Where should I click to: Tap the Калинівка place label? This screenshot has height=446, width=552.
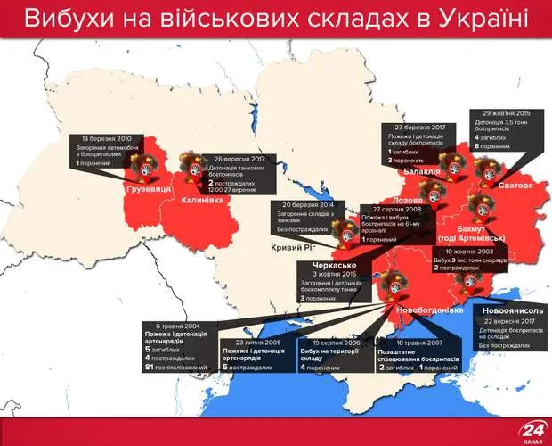pos(201,200)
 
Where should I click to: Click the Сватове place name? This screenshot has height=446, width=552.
pos(515,186)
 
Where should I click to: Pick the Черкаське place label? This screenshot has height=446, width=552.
pos(334,266)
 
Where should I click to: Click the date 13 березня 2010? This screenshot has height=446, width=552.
pos(107,139)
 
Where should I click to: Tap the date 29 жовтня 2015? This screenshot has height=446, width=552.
pos(506,114)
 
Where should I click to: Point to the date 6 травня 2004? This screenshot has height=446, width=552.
pos(169,326)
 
